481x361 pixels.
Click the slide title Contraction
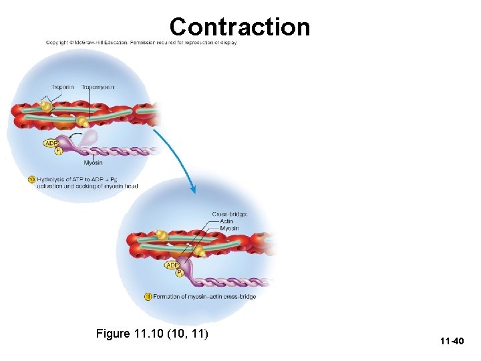click(x=239, y=27)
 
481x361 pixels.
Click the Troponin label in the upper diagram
click(x=62, y=88)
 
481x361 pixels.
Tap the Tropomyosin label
click(x=98, y=88)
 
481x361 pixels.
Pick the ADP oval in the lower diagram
click(x=173, y=265)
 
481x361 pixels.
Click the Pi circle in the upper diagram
click(x=58, y=151)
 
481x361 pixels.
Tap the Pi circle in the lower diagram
click(x=179, y=273)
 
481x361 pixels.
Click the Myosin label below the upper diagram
click(x=93, y=163)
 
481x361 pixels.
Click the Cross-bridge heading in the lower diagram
click(x=230, y=214)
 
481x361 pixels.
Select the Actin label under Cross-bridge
click(x=227, y=221)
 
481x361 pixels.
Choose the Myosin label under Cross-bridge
click(x=229, y=229)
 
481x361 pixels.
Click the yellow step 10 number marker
click(x=31, y=179)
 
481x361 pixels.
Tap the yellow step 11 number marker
click(x=148, y=297)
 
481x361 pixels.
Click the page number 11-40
click(x=452, y=342)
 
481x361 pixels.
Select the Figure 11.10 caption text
click(x=152, y=333)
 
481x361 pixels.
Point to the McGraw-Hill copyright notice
click(x=141, y=43)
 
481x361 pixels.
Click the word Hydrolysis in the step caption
click(x=51, y=179)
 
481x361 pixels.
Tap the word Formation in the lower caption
click(x=169, y=297)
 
